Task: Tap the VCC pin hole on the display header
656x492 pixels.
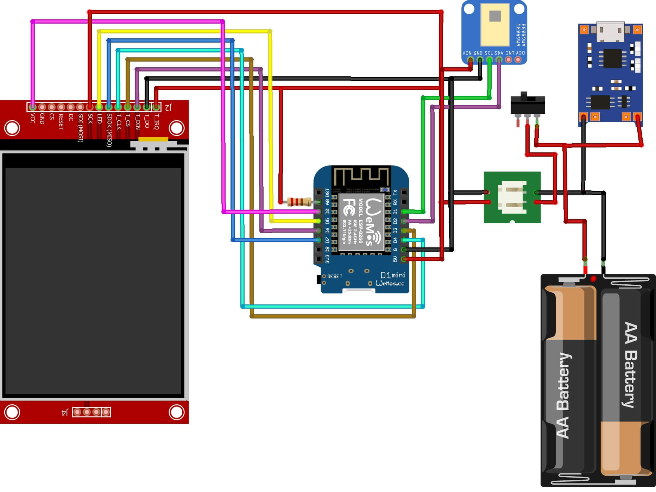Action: pos(33,106)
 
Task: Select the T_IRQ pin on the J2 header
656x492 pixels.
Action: pos(156,106)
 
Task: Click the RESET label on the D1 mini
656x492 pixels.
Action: pos(334,276)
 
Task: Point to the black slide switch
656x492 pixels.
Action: pos(528,104)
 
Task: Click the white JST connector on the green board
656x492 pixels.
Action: pos(512,197)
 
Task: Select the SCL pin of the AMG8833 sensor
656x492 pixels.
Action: pos(489,60)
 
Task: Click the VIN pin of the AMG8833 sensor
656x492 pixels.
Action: pos(470,60)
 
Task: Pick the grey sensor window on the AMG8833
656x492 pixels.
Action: pos(495,16)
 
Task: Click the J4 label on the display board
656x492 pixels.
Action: pos(65,412)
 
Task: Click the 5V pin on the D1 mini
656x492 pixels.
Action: pos(404,259)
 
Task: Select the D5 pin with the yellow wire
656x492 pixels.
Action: pos(318,221)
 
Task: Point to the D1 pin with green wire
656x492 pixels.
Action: pos(404,212)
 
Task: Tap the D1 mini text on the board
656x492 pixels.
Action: pos(393,275)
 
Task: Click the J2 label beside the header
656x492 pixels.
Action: pos(169,107)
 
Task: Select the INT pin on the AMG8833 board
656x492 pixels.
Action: pos(508,60)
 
